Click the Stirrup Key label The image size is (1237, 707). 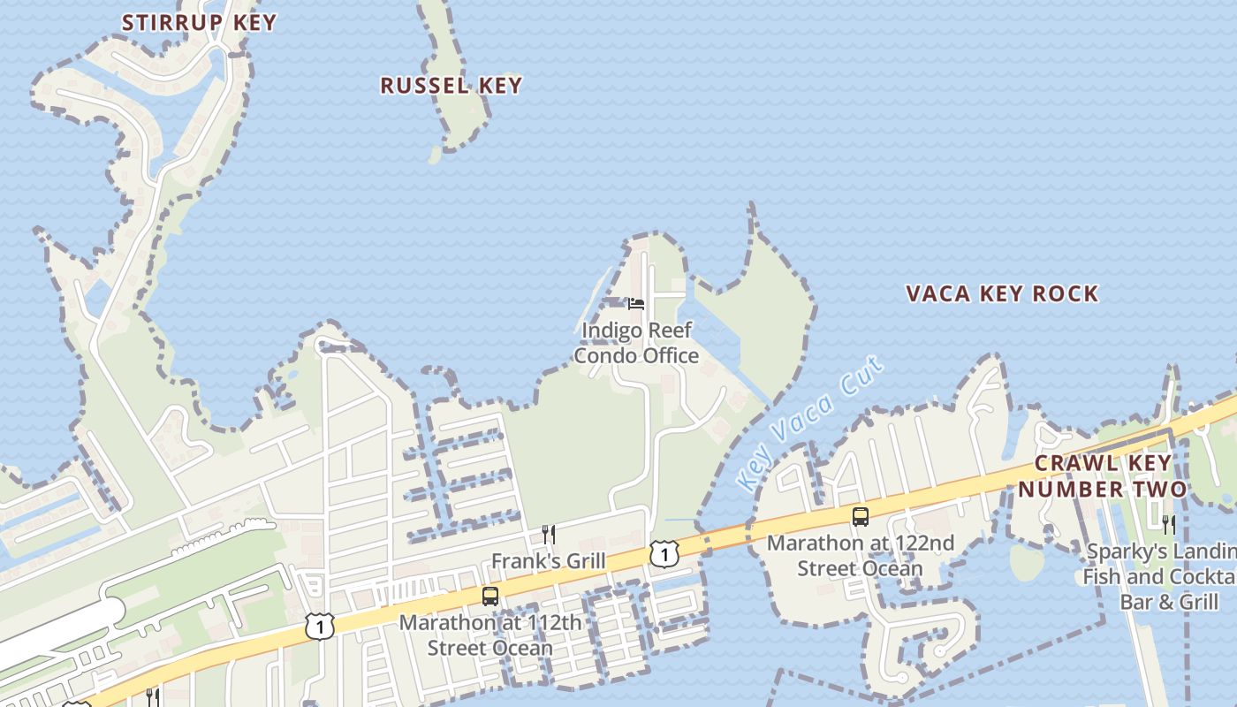(x=199, y=22)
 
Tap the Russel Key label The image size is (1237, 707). (x=451, y=86)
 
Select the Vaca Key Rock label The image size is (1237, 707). (x=1002, y=293)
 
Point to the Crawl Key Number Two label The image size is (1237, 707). (x=1103, y=475)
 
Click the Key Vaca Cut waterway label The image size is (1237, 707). (x=809, y=424)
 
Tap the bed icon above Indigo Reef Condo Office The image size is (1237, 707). (x=636, y=304)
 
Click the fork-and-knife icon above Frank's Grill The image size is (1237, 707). (x=549, y=535)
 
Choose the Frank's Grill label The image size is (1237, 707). (x=549, y=561)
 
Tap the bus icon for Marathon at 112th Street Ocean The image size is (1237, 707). (x=490, y=597)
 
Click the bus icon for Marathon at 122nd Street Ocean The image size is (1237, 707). (x=860, y=516)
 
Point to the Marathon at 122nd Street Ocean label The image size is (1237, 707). (x=860, y=555)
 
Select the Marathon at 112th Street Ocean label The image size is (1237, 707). (x=490, y=635)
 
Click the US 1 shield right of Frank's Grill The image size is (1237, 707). (x=664, y=553)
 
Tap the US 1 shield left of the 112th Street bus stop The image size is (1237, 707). (x=320, y=626)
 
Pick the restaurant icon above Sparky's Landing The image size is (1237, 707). (x=1169, y=525)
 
